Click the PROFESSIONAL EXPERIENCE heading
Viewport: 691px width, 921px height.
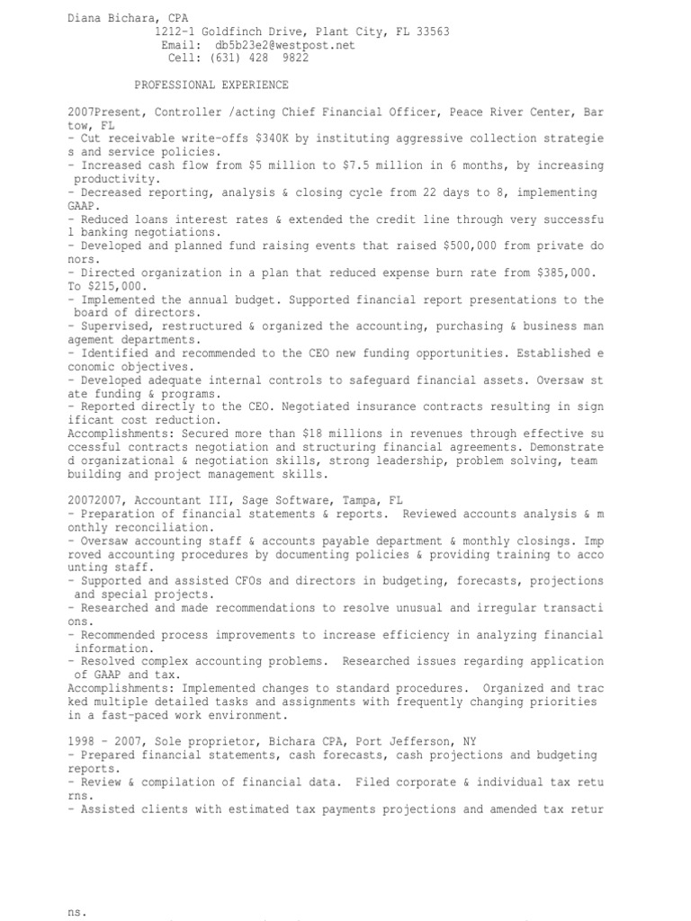click(211, 85)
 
